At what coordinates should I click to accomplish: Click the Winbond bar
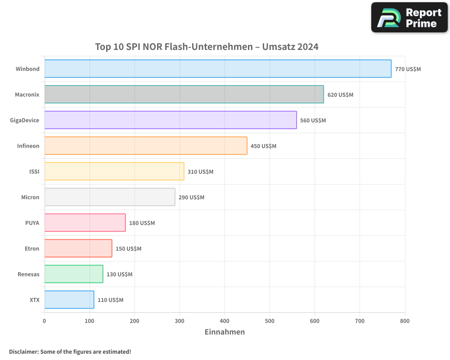click(218, 69)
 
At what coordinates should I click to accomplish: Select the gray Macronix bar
click(184, 94)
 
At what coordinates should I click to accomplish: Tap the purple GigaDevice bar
click(171, 120)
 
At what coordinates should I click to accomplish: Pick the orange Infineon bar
click(146, 146)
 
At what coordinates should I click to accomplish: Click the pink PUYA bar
click(85, 223)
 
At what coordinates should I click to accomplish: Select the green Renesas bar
click(74, 274)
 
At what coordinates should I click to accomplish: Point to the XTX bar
click(69, 300)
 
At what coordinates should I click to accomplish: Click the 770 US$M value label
click(408, 69)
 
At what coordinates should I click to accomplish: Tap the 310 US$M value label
click(200, 172)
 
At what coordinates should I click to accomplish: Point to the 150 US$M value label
click(128, 249)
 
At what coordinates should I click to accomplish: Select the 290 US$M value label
click(191, 198)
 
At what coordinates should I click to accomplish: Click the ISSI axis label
click(34, 171)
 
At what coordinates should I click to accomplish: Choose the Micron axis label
click(30, 197)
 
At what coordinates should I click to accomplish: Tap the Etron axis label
click(32, 248)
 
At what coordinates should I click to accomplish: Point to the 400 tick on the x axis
click(225, 321)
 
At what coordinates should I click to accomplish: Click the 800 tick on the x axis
click(405, 321)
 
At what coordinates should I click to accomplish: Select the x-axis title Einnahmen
click(225, 332)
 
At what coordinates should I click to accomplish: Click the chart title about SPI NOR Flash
click(207, 47)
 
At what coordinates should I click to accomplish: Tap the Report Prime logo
click(409, 18)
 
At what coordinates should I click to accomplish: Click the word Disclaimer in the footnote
click(23, 351)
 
